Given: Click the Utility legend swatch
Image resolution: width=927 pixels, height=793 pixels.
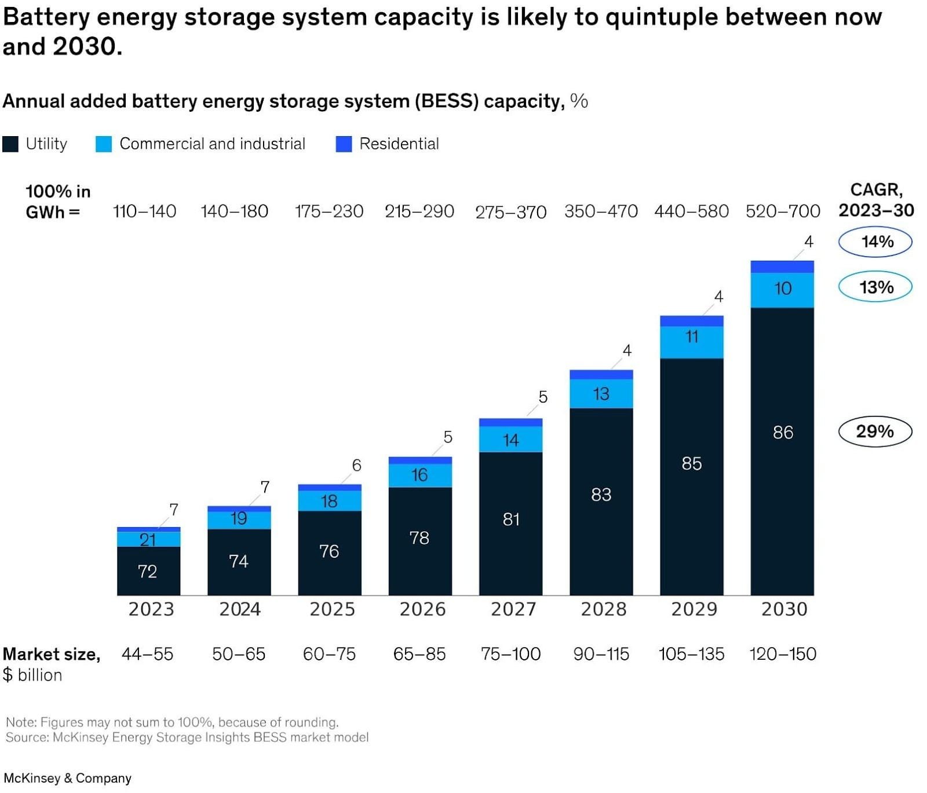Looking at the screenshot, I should (10, 144).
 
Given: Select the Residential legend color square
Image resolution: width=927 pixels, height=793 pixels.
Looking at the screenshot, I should (344, 144).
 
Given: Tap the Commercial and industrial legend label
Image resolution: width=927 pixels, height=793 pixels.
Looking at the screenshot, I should (212, 144).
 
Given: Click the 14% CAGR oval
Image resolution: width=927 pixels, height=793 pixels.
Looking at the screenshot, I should (875, 242).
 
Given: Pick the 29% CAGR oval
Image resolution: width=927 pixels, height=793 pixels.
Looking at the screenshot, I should (875, 432).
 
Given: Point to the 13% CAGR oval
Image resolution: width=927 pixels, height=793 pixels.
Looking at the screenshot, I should (875, 287).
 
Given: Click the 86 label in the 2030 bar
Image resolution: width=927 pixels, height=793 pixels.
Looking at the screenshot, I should (782, 432).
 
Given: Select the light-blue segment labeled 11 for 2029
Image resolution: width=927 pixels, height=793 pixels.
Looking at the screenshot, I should (691, 342).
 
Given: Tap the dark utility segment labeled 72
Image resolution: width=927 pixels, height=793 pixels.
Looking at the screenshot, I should (148, 571).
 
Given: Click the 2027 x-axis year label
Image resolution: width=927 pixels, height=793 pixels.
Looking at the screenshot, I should (513, 609).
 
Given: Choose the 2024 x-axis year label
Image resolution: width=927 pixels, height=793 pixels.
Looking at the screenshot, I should (239, 609).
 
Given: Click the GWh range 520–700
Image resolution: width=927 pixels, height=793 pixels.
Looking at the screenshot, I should (782, 211).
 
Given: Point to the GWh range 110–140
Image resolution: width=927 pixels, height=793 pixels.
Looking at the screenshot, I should (144, 211).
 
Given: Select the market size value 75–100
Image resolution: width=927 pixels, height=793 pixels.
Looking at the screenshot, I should (510, 654).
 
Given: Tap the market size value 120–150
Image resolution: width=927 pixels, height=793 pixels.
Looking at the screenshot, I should (782, 654).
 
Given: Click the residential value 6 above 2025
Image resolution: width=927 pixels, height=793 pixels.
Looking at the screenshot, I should (356, 465).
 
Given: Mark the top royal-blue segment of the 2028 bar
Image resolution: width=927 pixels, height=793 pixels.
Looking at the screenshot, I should (601, 375).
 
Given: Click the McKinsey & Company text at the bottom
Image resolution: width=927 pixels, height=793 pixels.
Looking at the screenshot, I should (67, 778).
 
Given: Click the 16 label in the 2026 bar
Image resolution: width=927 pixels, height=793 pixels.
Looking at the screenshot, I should (419, 475).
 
